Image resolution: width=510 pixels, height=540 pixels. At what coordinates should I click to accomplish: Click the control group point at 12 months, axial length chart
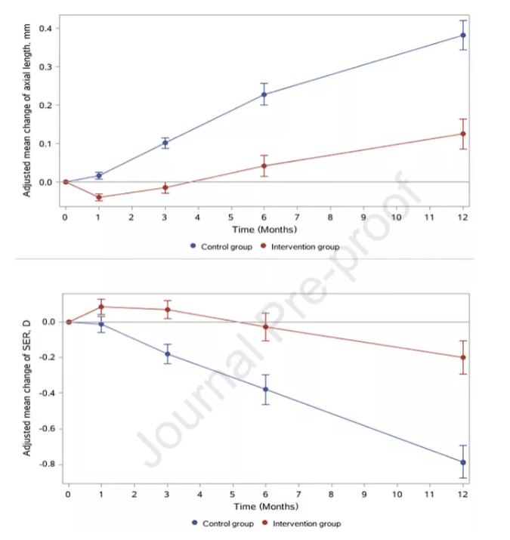tap(463, 35)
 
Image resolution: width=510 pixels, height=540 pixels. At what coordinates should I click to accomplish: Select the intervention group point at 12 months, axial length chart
tap(463, 134)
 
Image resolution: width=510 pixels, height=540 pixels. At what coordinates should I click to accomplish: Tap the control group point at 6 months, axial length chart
tap(264, 94)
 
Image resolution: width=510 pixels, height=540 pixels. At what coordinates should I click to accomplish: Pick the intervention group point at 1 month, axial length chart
tap(99, 197)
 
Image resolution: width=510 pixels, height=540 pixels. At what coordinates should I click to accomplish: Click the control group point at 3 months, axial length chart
tap(165, 143)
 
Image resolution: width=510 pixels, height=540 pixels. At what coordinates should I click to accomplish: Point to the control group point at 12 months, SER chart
tap(463, 462)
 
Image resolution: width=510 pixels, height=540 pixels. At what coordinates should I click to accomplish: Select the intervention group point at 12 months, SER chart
tap(463, 357)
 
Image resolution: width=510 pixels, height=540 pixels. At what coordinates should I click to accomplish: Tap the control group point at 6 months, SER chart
tap(265, 390)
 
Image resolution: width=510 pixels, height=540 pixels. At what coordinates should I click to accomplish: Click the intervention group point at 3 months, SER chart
tap(167, 310)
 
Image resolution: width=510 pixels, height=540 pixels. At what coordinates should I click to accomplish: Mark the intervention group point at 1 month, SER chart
tap(101, 307)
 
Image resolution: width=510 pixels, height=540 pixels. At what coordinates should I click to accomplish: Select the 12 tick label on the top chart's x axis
tap(463, 218)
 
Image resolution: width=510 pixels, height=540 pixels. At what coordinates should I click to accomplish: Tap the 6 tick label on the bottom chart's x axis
tap(265, 495)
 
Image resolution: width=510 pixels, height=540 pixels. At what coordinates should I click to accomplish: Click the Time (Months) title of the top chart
tap(264, 230)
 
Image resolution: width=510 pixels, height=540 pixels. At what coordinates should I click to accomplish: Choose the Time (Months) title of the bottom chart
tap(265, 506)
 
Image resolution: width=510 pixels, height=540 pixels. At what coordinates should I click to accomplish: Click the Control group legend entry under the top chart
tap(221, 247)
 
